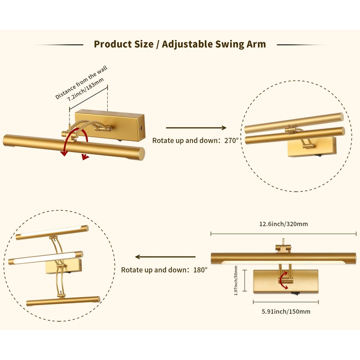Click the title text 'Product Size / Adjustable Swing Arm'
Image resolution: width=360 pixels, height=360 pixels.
pyautogui.click(x=180, y=44)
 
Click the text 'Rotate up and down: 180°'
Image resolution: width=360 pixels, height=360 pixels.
pyautogui.click(x=164, y=270)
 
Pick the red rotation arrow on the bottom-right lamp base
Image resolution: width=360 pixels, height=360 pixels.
pyautogui.click(x=284, y=280)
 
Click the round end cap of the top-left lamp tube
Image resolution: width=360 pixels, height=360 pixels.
pyautogui.click(x=140, y=153)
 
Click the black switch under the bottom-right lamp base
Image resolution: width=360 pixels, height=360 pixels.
pyautogui.click(x=295, y=295)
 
